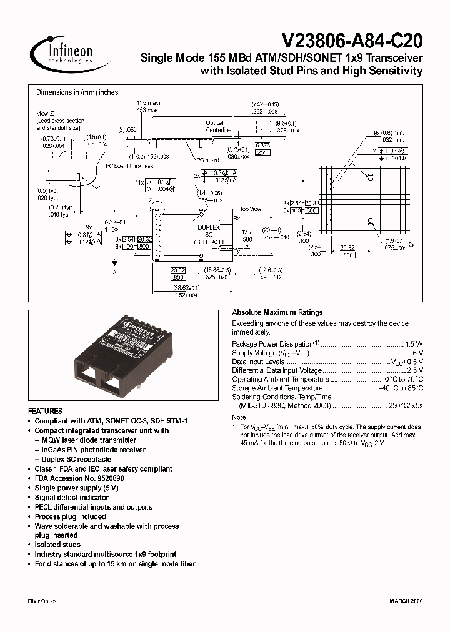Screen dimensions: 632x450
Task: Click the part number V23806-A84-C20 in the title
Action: [352, 41]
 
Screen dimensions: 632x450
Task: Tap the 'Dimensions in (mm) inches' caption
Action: [77, 92]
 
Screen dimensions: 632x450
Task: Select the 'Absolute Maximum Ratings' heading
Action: [277, 312]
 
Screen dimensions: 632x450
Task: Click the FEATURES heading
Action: [46, 412]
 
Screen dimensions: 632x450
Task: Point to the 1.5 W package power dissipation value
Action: [414, 344]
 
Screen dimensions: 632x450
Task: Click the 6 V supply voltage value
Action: [419, 353]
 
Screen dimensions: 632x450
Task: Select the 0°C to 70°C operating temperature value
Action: [404, 379]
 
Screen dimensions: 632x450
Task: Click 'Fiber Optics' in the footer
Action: [42, 601]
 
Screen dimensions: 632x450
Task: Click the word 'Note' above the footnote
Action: [239, 417]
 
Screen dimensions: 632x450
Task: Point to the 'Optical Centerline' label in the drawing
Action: [214, 127]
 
